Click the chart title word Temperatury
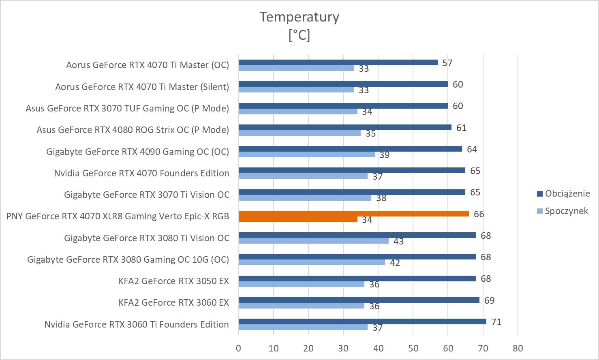click(x=299, y=17)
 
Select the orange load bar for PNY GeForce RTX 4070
click(x=353, y=214)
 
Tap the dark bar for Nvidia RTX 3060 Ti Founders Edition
click(x=362, y=321)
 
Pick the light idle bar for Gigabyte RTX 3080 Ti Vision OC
click(x=313, y=241)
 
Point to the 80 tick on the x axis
click(x=518, y=348)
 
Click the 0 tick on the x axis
click(x=238, y=348)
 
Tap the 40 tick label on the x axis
click(x=378, y=348)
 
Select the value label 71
click(x=496, y=322)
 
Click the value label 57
click(x=447, y=63)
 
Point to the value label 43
click(x=398, y=241)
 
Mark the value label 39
click(x=384, y=155)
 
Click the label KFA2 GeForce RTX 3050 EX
click(x=173, y=281)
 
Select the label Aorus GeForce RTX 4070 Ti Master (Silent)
click(x=142, y=87)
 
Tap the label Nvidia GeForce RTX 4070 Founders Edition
click(x=141, y=173)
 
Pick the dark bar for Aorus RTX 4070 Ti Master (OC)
click(x=338, y=62)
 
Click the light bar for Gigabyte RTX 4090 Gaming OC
click(x=306, y=154)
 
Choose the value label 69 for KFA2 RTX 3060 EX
click(x=489, y=300)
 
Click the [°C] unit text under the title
click(x=299, y=35)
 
